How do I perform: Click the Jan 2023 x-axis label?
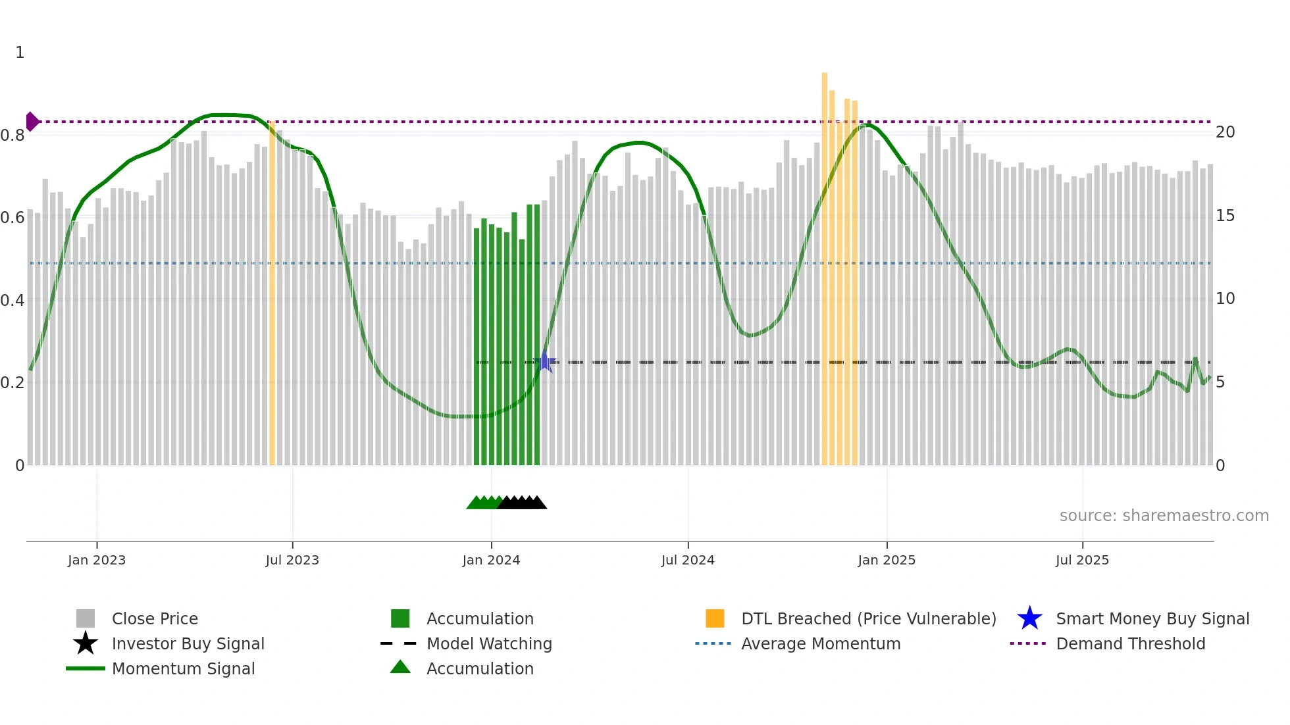(x=96, y=560)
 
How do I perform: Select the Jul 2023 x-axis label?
(x=292, y=560)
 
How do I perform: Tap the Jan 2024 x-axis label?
(x=491, y=560)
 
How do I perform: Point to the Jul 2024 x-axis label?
(x=688, y=560)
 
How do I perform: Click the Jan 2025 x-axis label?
(x=887, y=560)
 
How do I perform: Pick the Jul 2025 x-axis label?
(x=1082, y=560)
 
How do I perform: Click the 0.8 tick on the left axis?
(x=13, y=136)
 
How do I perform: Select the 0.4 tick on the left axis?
(x=13, y=301)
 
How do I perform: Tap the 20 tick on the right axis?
(x=1225, y=132)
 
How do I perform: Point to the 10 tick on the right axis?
(x=1225, y=299)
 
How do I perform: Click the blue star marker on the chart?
(x=545, y=362)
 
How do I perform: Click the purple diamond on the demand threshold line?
(x=32, y=122)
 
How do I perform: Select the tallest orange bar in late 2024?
(x=824, y=263)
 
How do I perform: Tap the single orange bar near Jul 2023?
(x=272, y=296)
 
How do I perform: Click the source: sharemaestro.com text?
(x=1164, y=516)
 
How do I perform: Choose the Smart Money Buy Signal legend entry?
(x=1152, y=618)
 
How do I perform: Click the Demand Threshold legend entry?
(x=1130, y=643)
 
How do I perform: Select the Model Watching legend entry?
(x=488, y=643)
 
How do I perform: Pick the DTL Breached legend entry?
(x=868, y=618)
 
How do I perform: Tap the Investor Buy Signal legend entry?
(x=188, y=643)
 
